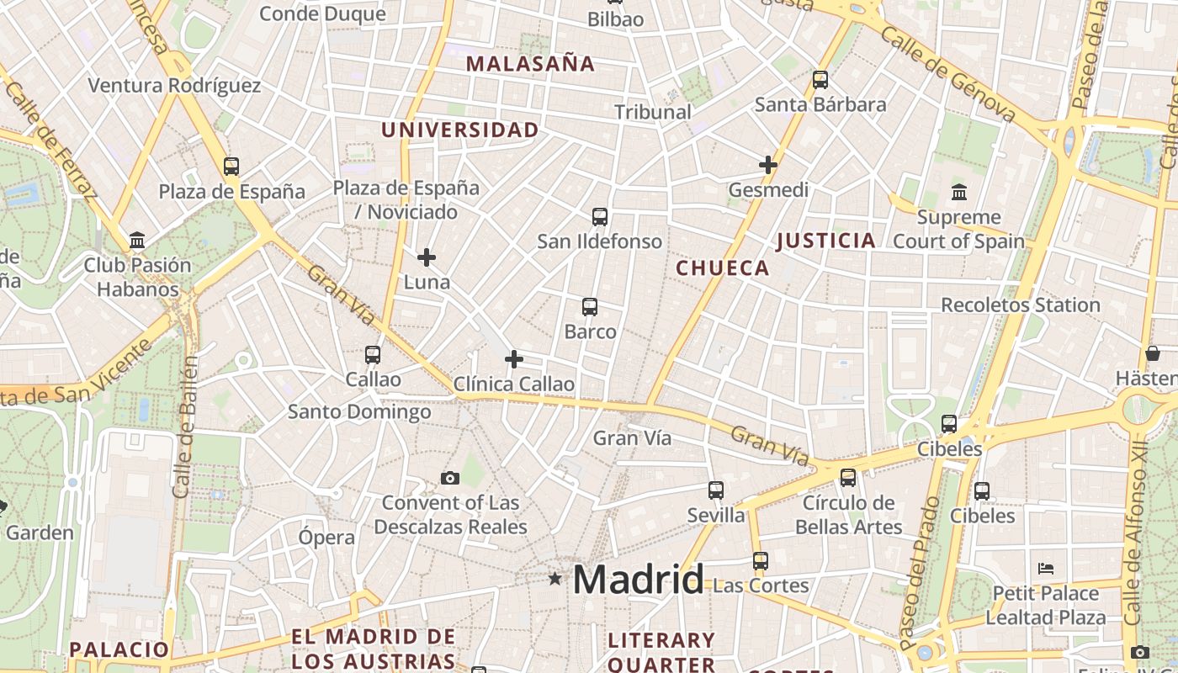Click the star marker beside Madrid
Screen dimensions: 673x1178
(555, 579)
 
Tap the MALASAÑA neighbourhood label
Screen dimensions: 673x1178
(530, 64)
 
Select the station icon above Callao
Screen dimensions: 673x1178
(373, 355)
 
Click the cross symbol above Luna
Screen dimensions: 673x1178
(427, 257)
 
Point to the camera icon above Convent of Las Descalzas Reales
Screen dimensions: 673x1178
(450, 479)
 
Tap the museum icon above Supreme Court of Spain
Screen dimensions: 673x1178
(958, 193)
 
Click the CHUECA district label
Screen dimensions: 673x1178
(723, 268)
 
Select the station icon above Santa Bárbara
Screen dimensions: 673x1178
(820, 80)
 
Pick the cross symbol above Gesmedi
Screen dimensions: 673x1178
(768, 165)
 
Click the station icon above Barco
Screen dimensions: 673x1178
(590, 307)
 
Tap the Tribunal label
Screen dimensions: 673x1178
(652, 112)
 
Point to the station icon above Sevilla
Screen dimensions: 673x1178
(716, 490)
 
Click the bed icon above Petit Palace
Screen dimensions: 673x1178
(1046, 569)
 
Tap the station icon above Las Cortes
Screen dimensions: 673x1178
(761, 560)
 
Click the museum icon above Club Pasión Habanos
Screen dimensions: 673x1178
(137, 241)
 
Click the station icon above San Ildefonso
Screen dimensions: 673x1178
(600, 217)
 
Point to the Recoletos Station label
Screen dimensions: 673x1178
(1020, 305)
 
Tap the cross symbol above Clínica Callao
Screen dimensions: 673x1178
(514, 360)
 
